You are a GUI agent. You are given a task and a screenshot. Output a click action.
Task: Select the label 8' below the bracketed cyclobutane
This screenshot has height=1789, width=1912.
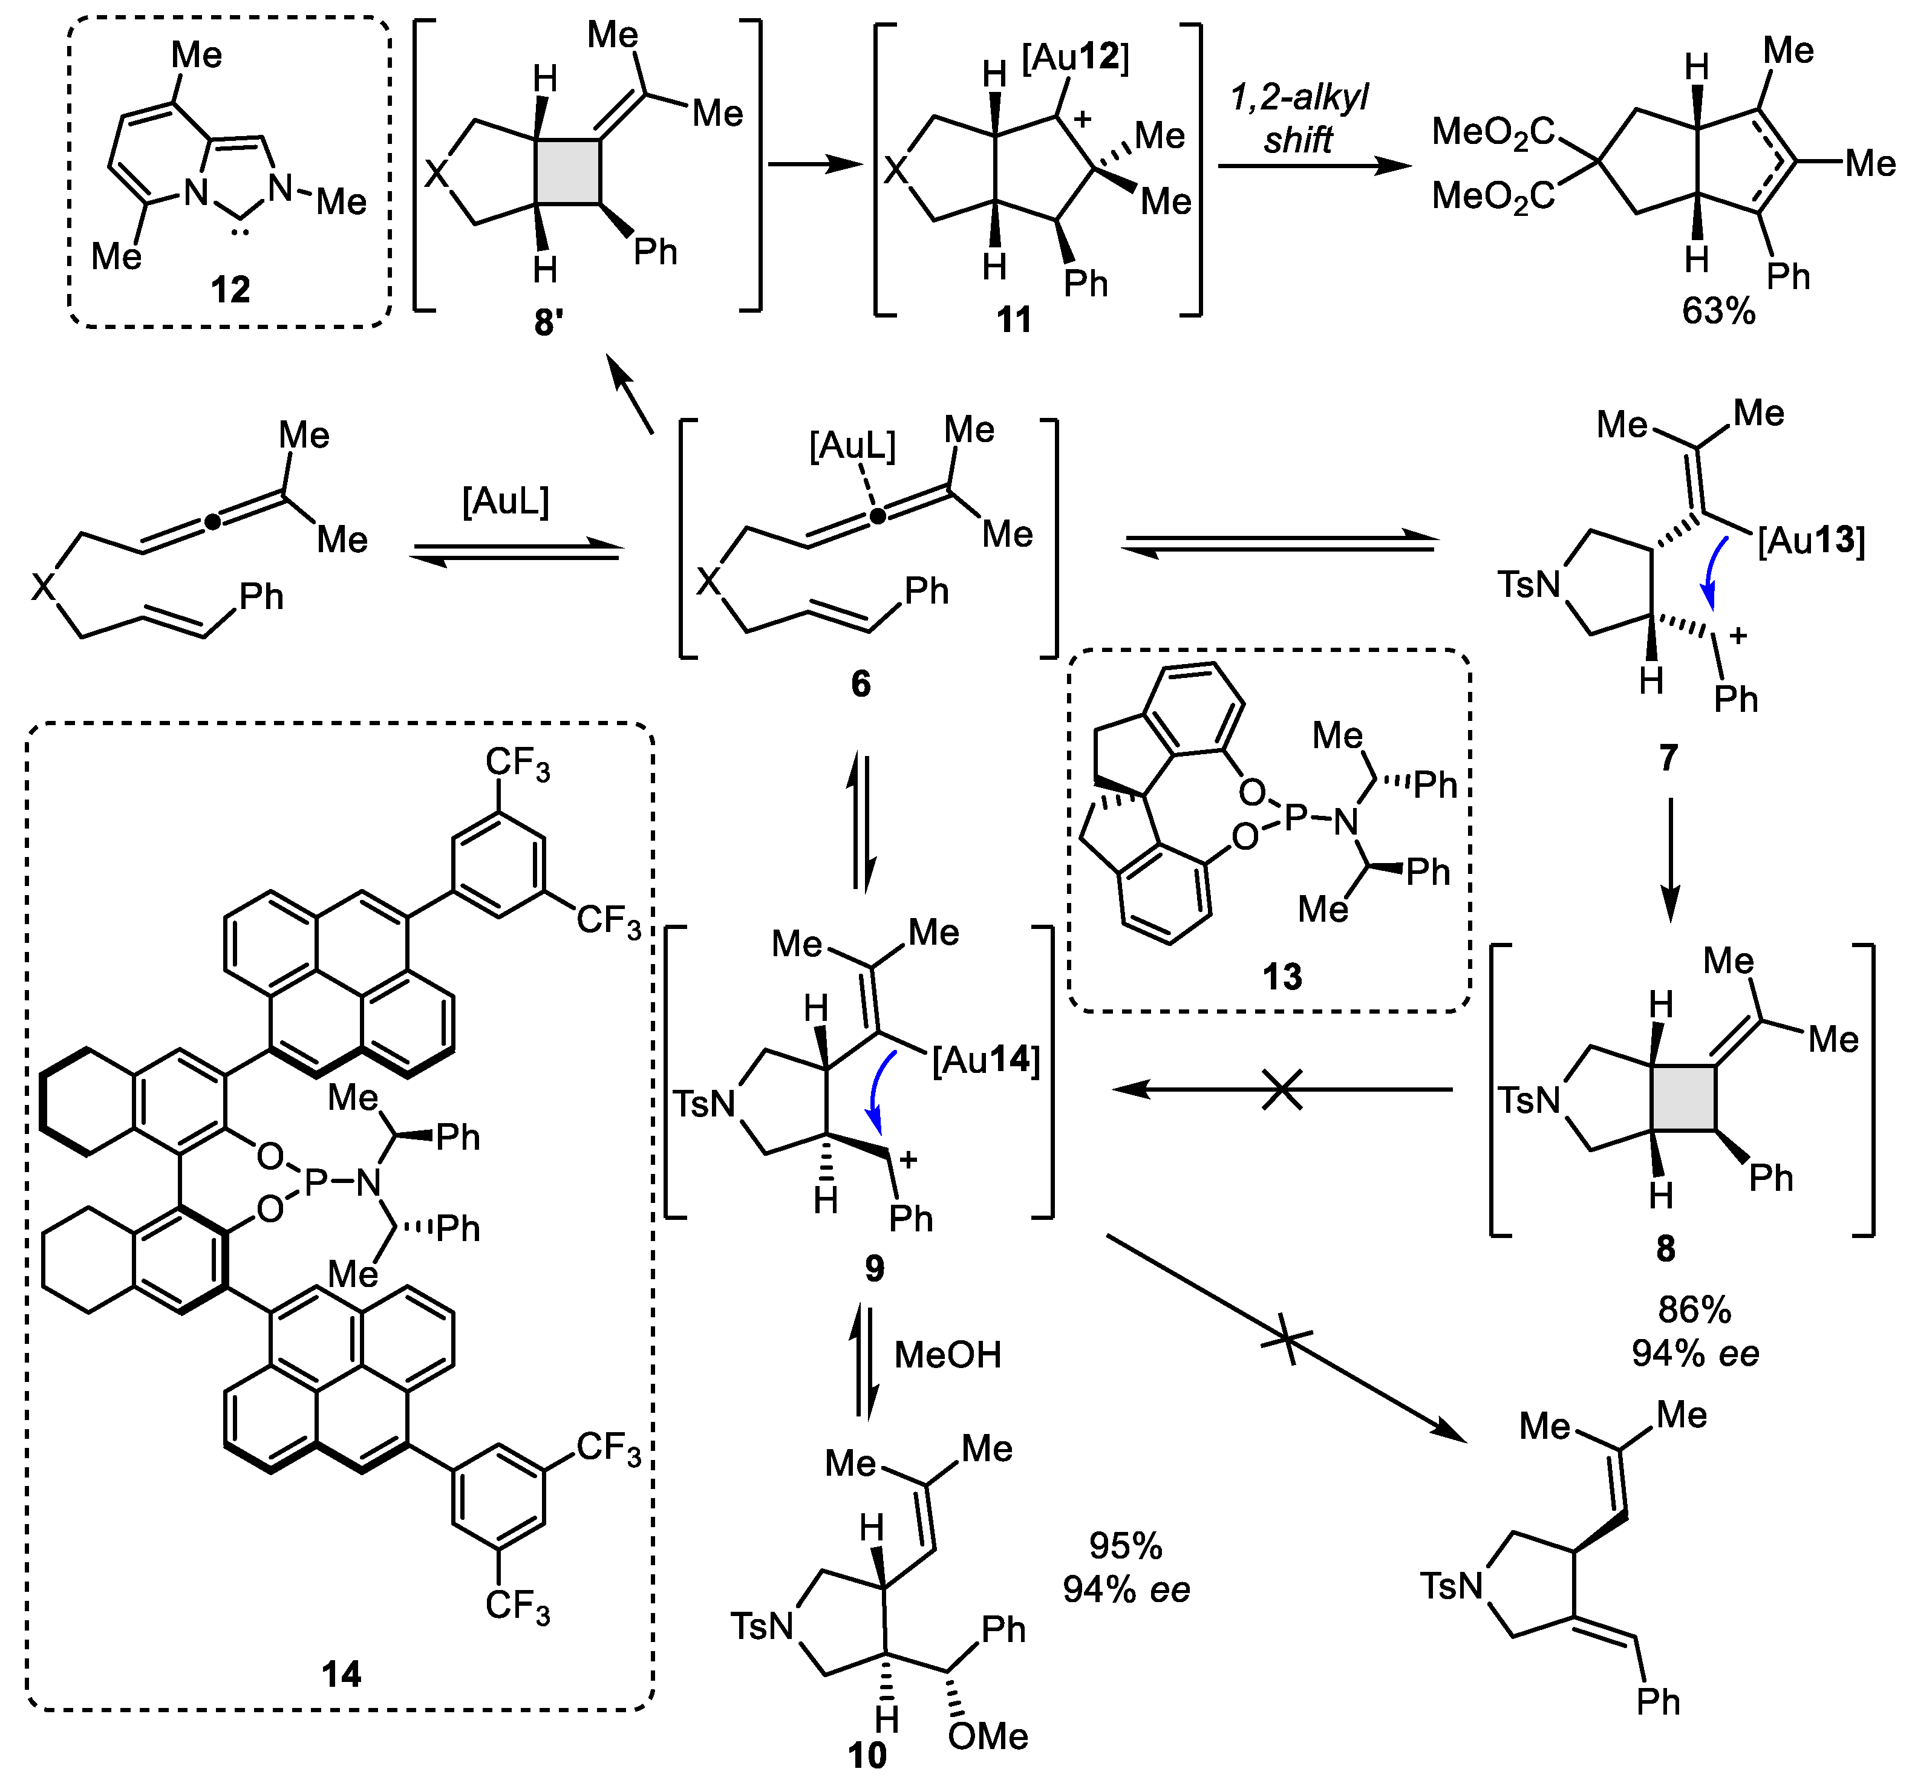(548, 322)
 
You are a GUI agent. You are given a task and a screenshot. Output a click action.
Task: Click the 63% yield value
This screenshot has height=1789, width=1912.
(1718, 311)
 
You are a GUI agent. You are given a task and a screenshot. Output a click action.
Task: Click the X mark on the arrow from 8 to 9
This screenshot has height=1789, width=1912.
(1282, 1090)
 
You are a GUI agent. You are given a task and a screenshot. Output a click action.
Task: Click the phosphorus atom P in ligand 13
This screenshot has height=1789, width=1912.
(1296, 818)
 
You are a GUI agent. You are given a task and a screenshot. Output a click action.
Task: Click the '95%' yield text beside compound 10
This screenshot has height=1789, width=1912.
(1125, 1546)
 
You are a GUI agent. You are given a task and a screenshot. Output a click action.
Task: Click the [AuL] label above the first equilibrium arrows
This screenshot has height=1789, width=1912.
(506, 502)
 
